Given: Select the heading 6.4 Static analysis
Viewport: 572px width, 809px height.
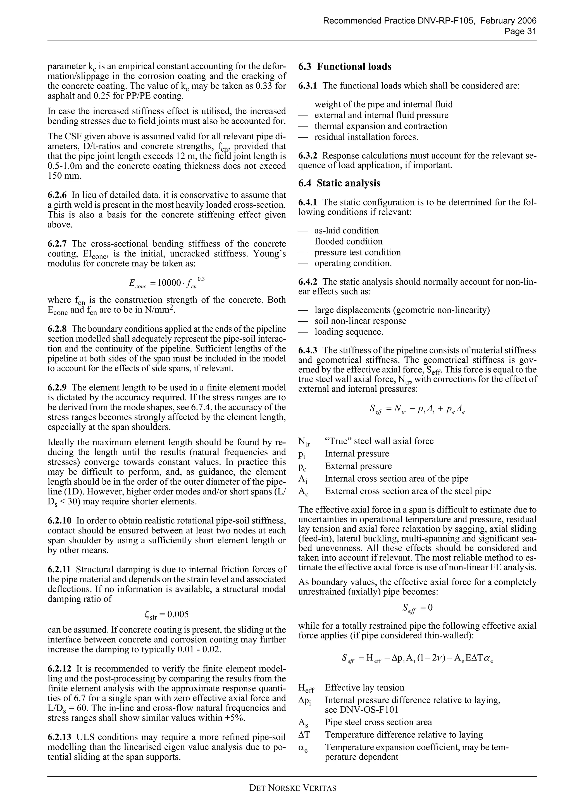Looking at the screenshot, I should (339, 183).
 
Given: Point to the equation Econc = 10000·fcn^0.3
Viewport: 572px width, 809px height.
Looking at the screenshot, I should (167, 282).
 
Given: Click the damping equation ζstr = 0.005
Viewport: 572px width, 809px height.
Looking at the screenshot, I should (166, 614).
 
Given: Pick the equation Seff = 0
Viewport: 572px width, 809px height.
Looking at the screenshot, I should (417, 607).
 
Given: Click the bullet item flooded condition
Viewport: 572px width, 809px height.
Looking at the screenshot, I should (348, 241).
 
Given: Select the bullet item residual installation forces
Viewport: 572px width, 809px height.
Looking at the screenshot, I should (366, 137).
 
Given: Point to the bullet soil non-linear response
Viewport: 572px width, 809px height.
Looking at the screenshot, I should (360, 321).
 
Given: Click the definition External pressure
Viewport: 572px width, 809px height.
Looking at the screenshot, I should (358, 466).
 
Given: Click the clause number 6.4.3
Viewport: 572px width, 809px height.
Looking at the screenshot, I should (307, 350).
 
